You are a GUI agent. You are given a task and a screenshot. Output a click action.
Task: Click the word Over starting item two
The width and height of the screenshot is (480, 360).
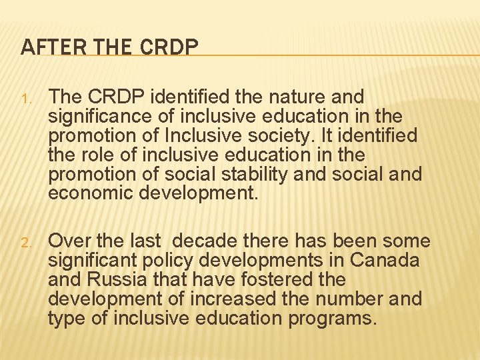click(x=67, y=240)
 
